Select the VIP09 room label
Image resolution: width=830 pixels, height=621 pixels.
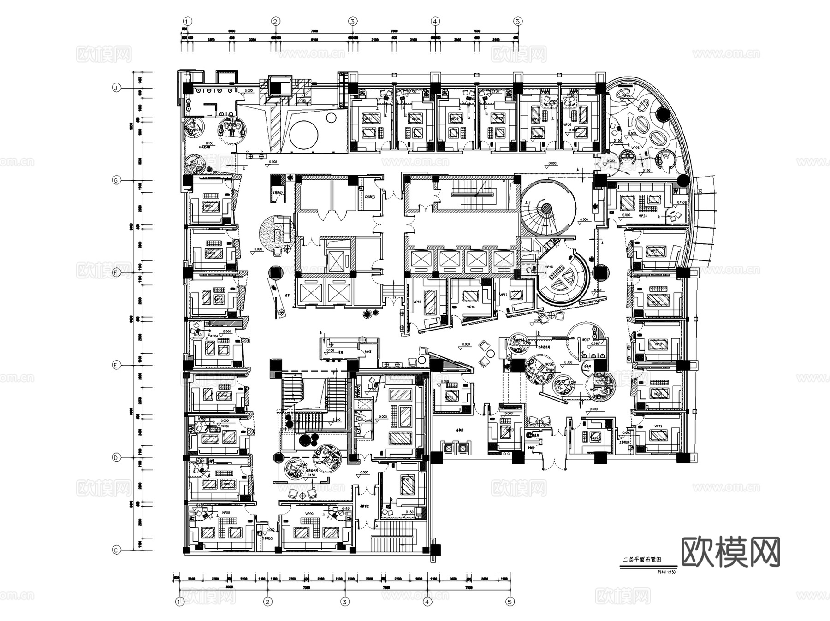tap(309, 513)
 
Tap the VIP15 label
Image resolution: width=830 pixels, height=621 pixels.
tap(417, 302)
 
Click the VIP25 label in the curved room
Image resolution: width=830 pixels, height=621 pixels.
tap(635, 148)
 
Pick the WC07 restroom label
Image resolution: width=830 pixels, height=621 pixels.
tap(586, 340)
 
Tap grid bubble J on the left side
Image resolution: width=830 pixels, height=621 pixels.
tap(117, 88)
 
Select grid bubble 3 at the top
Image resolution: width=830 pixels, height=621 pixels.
tap(352, 21)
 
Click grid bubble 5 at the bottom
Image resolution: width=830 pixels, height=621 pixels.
tap(510, 602)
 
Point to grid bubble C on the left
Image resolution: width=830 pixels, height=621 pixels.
tap(117, 550)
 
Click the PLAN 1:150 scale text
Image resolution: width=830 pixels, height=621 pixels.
tap(666, 572)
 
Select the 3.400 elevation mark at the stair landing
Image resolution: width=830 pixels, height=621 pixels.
tap(337, 420)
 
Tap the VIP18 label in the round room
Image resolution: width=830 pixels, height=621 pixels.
tap(549, 266)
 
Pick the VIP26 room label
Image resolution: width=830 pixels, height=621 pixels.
tap(567, 124)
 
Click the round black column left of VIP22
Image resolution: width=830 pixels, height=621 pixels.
tap(601, 273)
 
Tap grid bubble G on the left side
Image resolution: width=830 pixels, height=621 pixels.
tap(117, 180)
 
